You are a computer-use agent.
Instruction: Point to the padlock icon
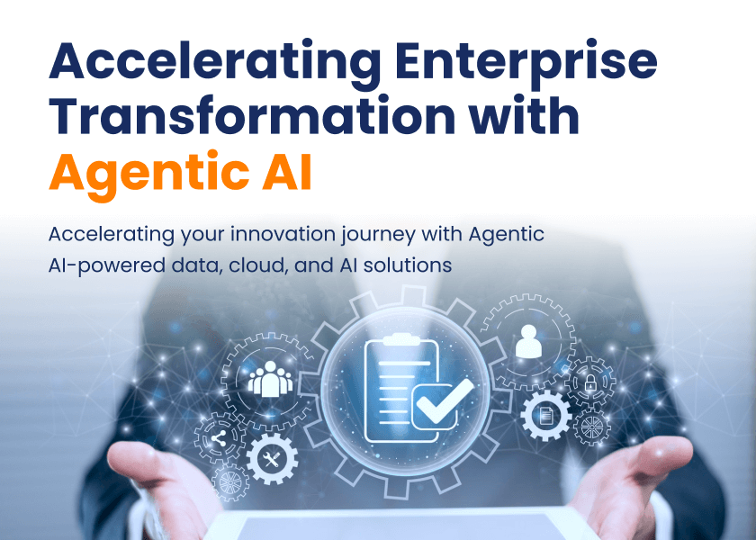coord(590,382)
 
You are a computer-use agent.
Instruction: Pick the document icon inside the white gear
coord(545,415)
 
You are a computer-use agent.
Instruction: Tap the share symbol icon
coord(218,439)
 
